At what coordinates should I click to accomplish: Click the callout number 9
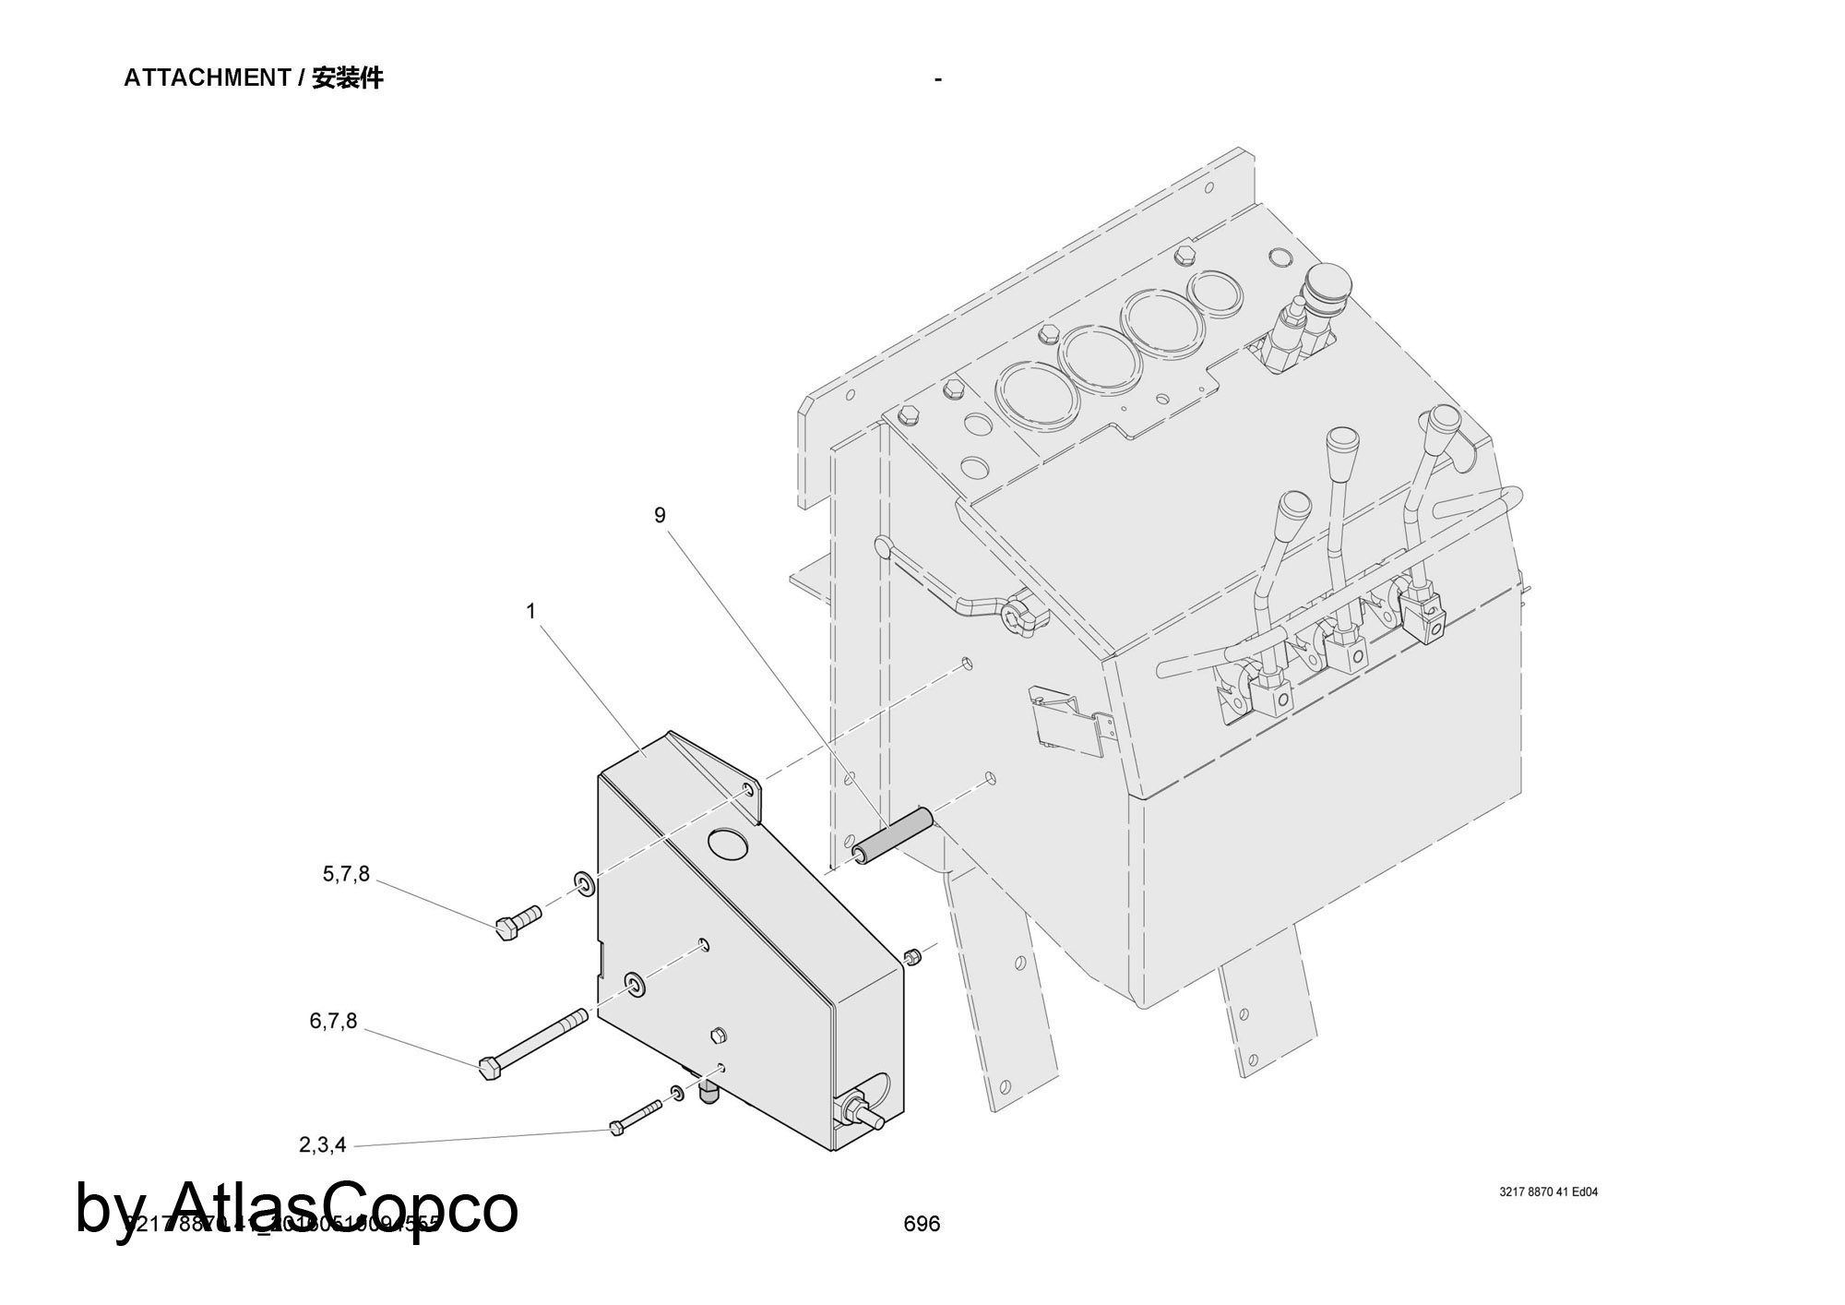point(660,515)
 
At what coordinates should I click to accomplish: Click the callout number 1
point(530,611)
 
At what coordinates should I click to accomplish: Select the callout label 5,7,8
point(346,874)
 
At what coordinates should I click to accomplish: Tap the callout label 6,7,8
point(333,1022)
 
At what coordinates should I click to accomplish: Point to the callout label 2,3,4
point(323,1145)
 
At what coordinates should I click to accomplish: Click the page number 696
point(922,1224)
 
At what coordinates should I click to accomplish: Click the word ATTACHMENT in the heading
point(208,78)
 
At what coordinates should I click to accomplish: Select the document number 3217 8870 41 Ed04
point(1549,1191)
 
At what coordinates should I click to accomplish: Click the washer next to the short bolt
point(585,884)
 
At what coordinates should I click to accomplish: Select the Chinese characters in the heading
point(347,78)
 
